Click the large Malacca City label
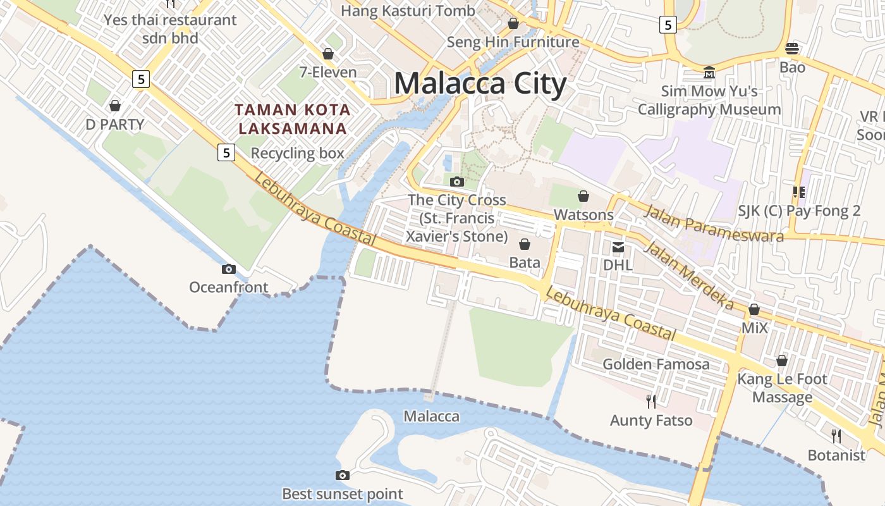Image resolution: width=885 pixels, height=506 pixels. pyautogui.click(x=480, y=84)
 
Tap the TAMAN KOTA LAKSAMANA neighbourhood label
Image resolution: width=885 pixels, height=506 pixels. pyautogui.click(x=292, y=119)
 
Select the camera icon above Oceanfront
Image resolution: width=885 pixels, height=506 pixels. pyautogui.click(x=229, y=269)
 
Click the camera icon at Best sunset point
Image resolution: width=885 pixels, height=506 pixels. pyautogui.click(x=342, y=475)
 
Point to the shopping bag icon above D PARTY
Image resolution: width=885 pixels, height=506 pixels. pyautogui.click(x=115, y=105)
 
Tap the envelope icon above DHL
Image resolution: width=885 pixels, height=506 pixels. pyautogui.click(x=618, y=247)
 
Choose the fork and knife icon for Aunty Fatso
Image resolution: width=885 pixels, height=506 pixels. pyautogui.click(x=651, y=400)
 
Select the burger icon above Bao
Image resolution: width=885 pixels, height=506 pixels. pyautogui.click(x=792, y=48)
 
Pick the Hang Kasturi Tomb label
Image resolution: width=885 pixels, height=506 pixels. pyautogui.click(x=408, y=11)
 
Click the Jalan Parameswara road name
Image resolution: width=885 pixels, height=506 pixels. pyautogui.click(x=713, y=223)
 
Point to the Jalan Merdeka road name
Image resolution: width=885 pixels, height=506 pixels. pyautogui.click(x=688, y=276)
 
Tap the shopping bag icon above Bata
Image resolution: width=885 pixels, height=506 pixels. pyautogui.click(x=525, y=244)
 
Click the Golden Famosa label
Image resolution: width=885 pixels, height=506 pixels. pyautogui.click(x=656, y=364)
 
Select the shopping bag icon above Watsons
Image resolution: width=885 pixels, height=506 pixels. pyautogui.click(x=583, y=196)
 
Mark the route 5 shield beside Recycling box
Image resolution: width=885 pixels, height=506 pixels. pyautogui.click(x=226, y=152)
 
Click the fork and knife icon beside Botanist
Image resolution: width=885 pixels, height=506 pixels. pyautogui.click(x=836, y=436)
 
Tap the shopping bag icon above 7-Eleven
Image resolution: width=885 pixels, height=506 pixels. pyautogui.click(x=327, y=54)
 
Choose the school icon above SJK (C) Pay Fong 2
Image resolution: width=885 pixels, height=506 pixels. pyautogui.click(x=798, y=192)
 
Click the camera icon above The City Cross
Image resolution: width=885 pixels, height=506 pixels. pyautogui.click(x=456, y=182)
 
